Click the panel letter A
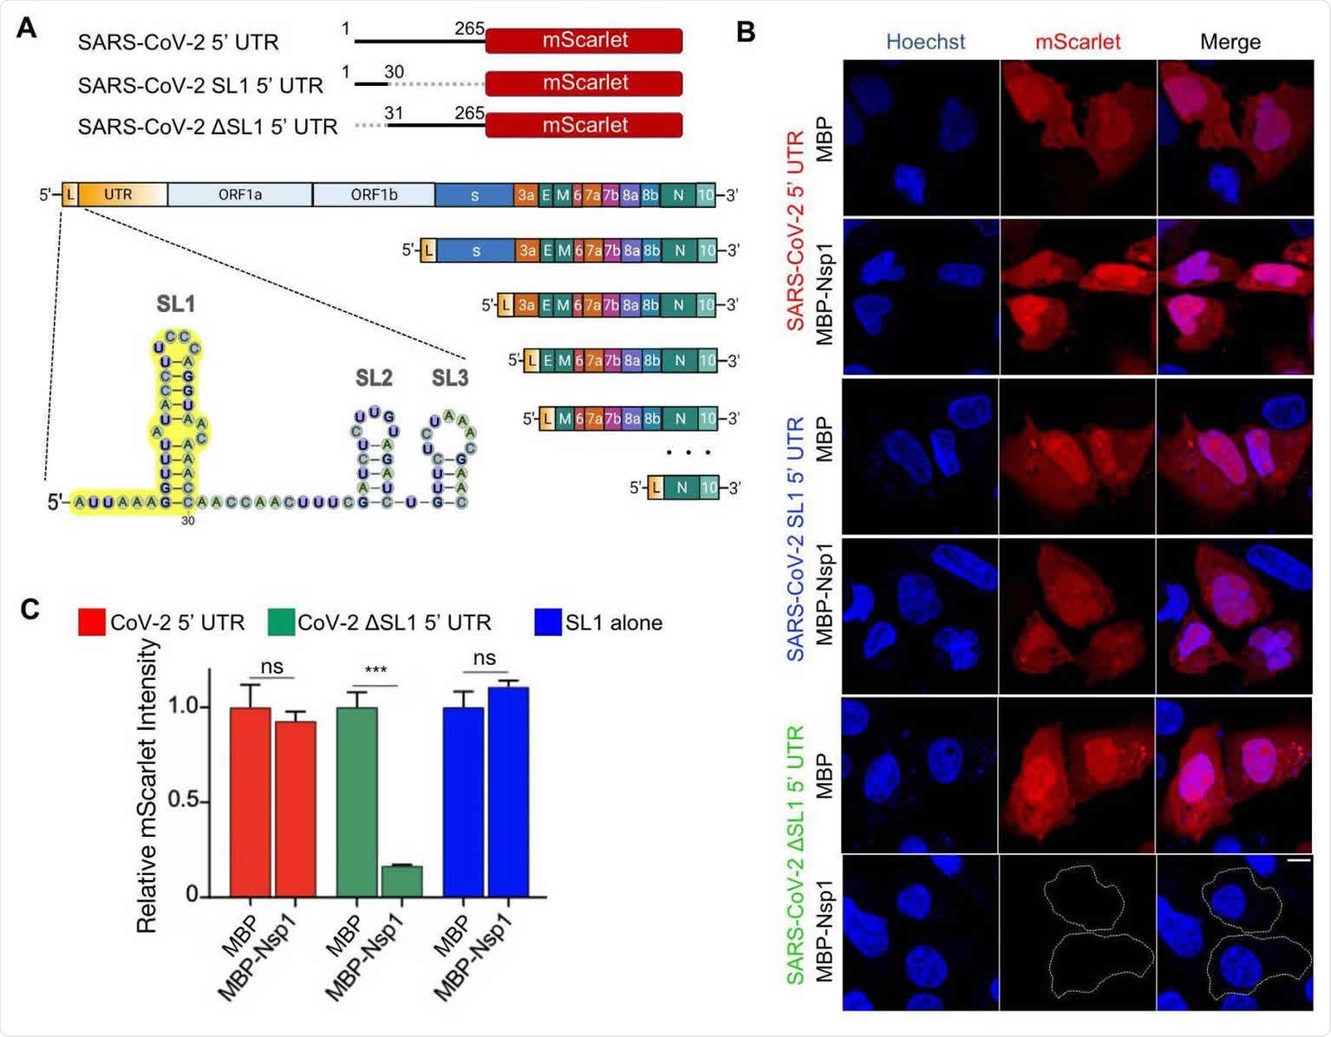click(x=27, y=29)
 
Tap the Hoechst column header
click(x=925, y=42)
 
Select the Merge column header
click(x=1230, y=42)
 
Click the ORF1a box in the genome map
click(x=239, y=195)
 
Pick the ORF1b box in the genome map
click(x=374, y=195)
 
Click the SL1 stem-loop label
click(x=176, y=304)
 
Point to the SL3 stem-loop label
click(x=450, y=378)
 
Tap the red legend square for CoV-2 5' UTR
click(x=91, y=623)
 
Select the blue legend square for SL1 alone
click(x=548, y=623)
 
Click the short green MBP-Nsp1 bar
click(x=401, y=881)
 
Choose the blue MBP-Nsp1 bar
click(x=508, y=792)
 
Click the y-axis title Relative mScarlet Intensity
click(x=147, y=786)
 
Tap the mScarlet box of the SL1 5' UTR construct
click(x=584, y=83)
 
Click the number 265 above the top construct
click(x=469, y=29)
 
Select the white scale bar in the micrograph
click(x=1298, y=861)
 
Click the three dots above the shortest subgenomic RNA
click(x=688, y=453)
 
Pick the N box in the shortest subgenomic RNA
click(x=682, y=488)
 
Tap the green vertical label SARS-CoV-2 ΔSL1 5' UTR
click(x=796, y=854)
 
